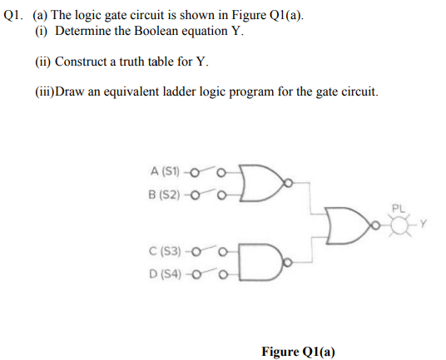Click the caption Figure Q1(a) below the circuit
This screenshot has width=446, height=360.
coord(298,351)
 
